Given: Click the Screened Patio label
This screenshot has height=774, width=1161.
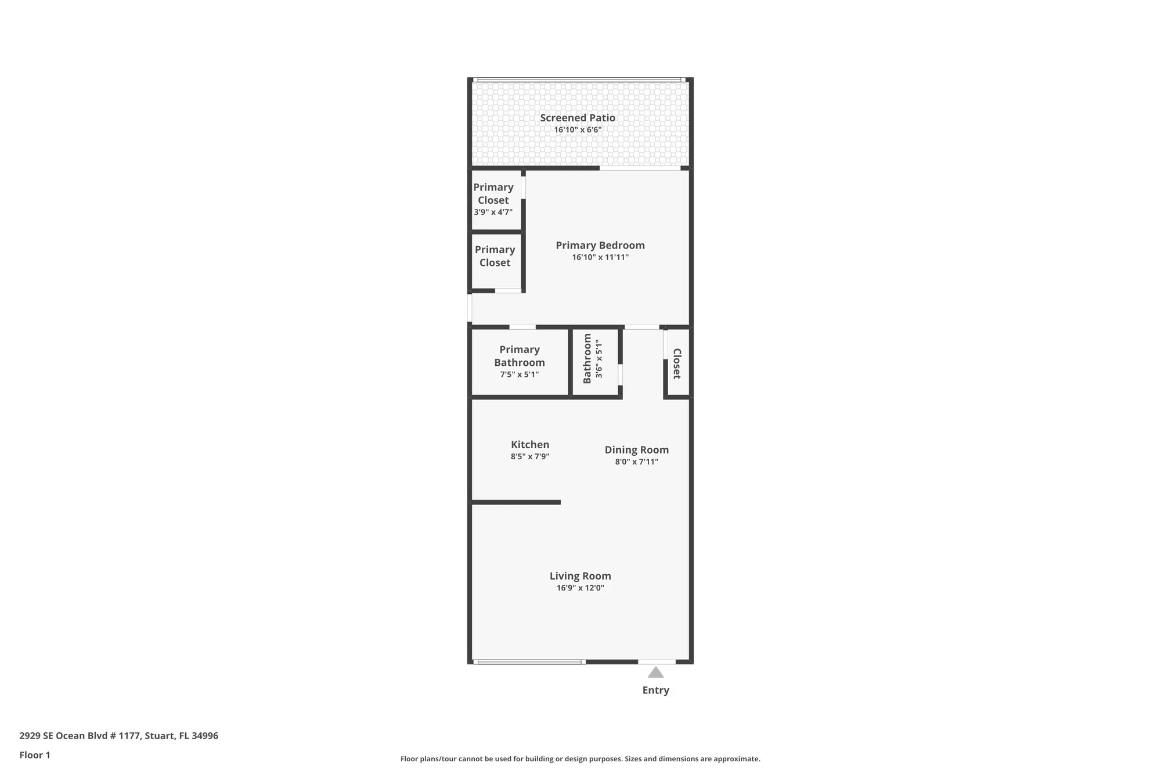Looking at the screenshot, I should pos(578,118).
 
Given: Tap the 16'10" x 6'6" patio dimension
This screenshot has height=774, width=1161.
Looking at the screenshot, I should pos(578,129).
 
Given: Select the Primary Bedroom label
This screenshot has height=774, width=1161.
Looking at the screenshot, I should pos(600,245).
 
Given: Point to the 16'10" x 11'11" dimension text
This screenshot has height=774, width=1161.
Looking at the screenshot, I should pos(600,257).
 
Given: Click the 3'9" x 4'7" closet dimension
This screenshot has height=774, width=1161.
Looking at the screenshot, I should pos(493,212).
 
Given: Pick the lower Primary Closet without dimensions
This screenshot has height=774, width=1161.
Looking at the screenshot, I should pos(495,256).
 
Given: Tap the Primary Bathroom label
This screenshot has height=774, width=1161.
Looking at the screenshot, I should pos(520,356).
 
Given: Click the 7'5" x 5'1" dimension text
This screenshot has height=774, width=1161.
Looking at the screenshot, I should pos(520,375).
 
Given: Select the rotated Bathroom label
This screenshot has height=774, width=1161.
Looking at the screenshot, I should pos(587,359).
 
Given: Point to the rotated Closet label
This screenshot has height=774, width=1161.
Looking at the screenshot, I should pos(676,363).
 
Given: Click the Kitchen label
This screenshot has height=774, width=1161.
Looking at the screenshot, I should pos(530,445).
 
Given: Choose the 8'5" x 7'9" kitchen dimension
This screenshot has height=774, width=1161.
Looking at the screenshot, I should pos(530,456).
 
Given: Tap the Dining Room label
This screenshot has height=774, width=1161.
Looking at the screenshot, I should pos(637,450).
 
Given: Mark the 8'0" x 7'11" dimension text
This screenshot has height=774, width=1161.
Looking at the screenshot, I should pos(637,462).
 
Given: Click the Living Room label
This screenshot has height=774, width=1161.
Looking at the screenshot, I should pos(580,576).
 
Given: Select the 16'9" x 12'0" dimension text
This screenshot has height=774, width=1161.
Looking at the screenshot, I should pos(580,588).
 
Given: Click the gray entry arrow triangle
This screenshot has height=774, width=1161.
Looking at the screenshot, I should pos(656,673).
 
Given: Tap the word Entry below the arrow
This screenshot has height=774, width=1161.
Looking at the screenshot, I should pos(656,690).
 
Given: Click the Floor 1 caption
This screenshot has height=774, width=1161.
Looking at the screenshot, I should pos(35,755).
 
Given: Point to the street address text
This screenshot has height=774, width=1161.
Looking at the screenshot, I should pos(119,736).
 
